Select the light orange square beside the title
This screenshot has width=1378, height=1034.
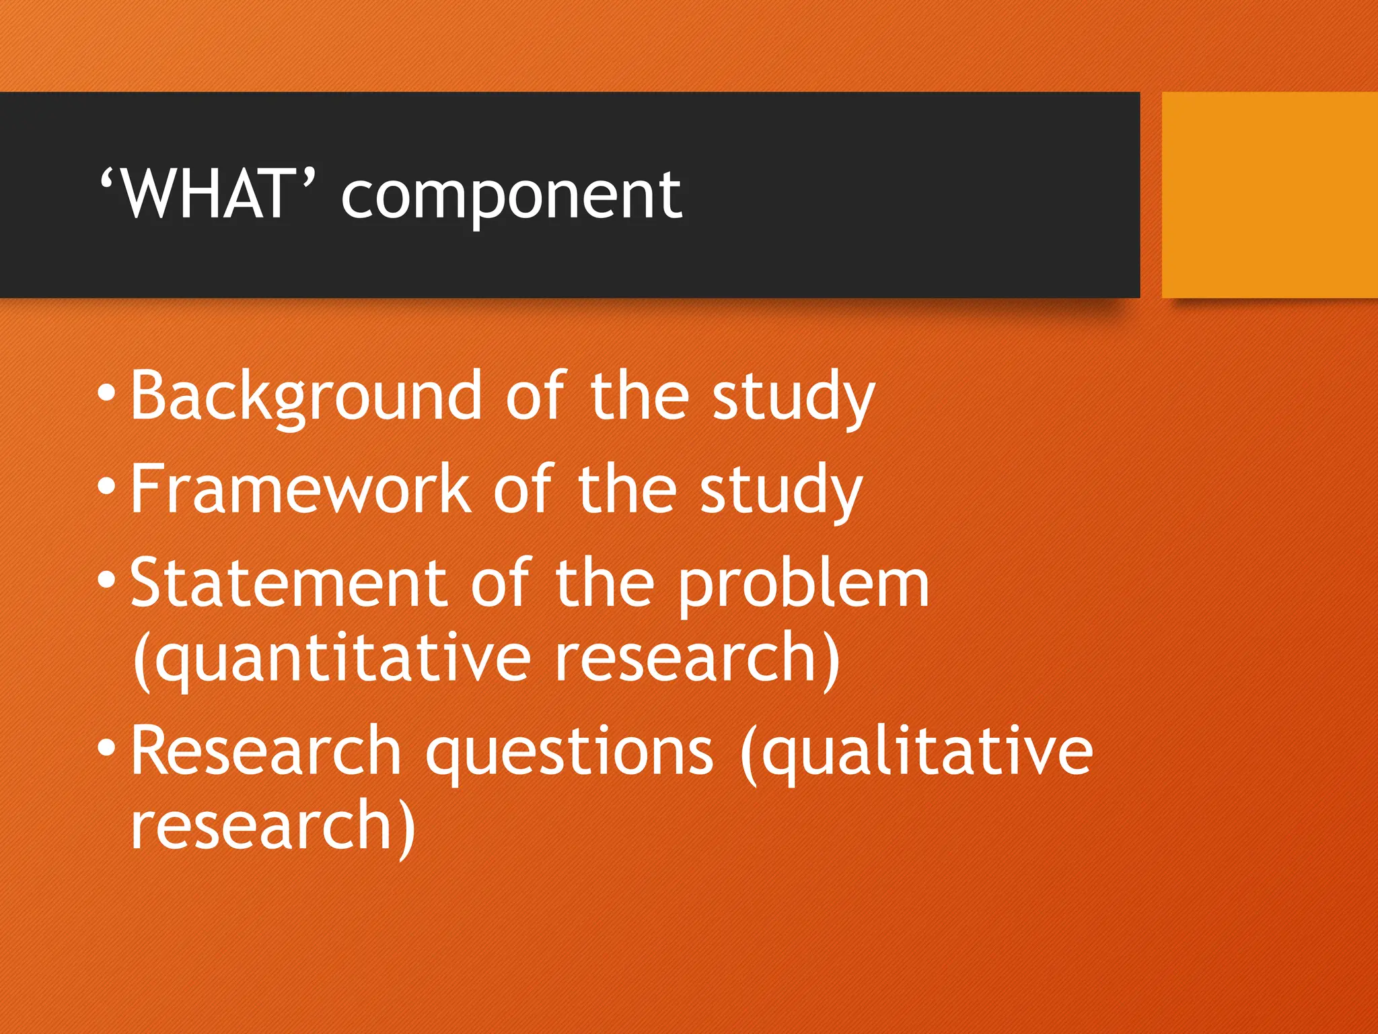tap(1269, 195)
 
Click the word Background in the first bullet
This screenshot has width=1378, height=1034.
tap(306, 397)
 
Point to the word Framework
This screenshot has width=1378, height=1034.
tap(300, 490)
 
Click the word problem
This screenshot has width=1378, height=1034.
tap(803, 586)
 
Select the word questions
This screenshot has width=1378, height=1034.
tap(569, 753)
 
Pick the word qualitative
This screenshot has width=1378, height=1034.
tap(918, 753)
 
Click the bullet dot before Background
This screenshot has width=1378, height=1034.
tap(106, 393)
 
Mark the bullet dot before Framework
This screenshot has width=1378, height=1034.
tap(106, 486)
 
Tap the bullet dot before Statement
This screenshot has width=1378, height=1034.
tap(106, 580)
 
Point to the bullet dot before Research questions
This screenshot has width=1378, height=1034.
tap(106, 748)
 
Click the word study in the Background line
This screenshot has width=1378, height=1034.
tap(793, 399)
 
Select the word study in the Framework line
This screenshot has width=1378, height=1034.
tap(781, 491)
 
